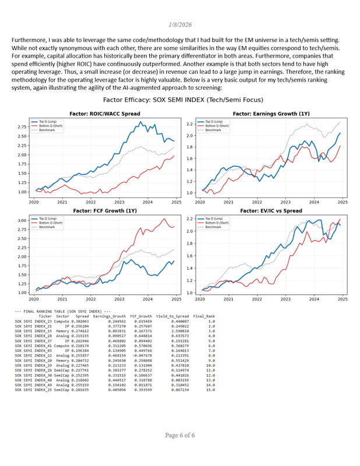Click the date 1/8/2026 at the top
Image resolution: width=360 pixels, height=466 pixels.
pyautogui.click(x=179, y=24)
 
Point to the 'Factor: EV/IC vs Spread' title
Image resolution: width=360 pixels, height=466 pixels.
pyautogui.click(x=271, y=211)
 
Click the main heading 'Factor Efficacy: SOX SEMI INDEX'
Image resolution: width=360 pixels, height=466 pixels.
pyautogui.click(x=179, y=100)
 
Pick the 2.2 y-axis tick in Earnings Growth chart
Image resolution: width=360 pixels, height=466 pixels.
pyautogui.click(x=189, y=124)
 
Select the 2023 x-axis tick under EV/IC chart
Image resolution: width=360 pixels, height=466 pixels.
pyautogui.click(x=285, y=299)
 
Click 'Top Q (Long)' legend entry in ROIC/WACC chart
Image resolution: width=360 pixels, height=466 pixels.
pyautogui.click(x=51, y=121)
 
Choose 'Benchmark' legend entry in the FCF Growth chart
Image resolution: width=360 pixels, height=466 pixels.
pyautogui.click(x=48, y=227)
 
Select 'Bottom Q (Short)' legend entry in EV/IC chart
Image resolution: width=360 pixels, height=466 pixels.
pyautogui.click(x=219, y=223)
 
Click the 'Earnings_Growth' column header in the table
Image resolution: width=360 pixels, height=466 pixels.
pyautogui.click(x=109, y=316)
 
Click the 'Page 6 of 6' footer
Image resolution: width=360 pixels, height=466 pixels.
pyautogui.click(x=179, y=451)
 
